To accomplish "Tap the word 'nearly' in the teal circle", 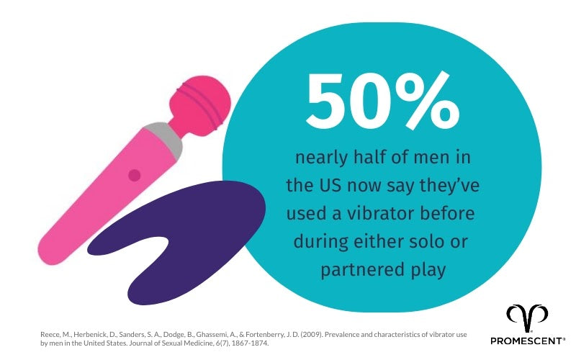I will click(316, 158).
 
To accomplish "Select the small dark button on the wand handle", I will click(134, 175).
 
